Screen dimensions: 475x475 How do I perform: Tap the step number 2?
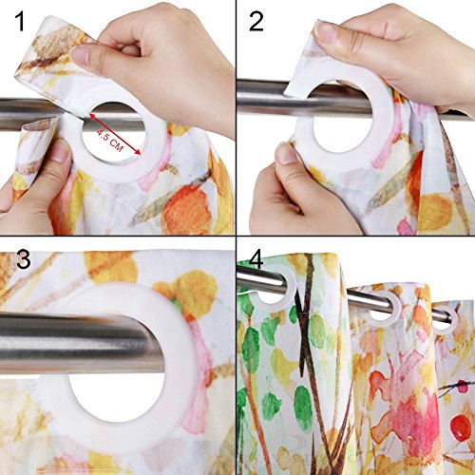[x=256, y=23]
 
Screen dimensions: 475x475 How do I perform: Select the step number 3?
[x=18, y=260]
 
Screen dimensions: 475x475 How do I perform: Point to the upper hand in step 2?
[x=399, y=47]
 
